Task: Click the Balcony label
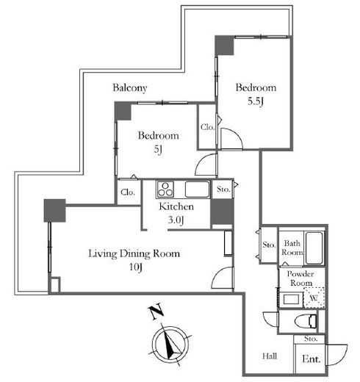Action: tap(130, 88)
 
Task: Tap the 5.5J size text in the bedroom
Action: tap(255, 101)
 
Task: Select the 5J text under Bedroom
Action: tap(158, 149)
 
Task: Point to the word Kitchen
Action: tap(176, 206)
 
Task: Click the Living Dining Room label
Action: tap(134, 253)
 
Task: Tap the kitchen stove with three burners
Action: tap(165, 190)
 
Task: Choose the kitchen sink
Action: tap(197, 190)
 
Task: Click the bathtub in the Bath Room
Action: tap(314, 248)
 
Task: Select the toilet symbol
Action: tap(306, 321)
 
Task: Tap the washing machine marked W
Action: tap(314, 298)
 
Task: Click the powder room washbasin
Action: tap(291, 299)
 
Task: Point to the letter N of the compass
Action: tap(156, 311)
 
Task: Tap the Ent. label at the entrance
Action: tap(311, 359)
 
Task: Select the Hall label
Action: tap(270, 356)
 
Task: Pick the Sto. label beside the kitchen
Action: tap(223, 189)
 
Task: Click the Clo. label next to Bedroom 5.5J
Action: tap(207, 127)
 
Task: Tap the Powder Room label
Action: tap(300, 278)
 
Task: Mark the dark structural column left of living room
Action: tap(55, 211)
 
